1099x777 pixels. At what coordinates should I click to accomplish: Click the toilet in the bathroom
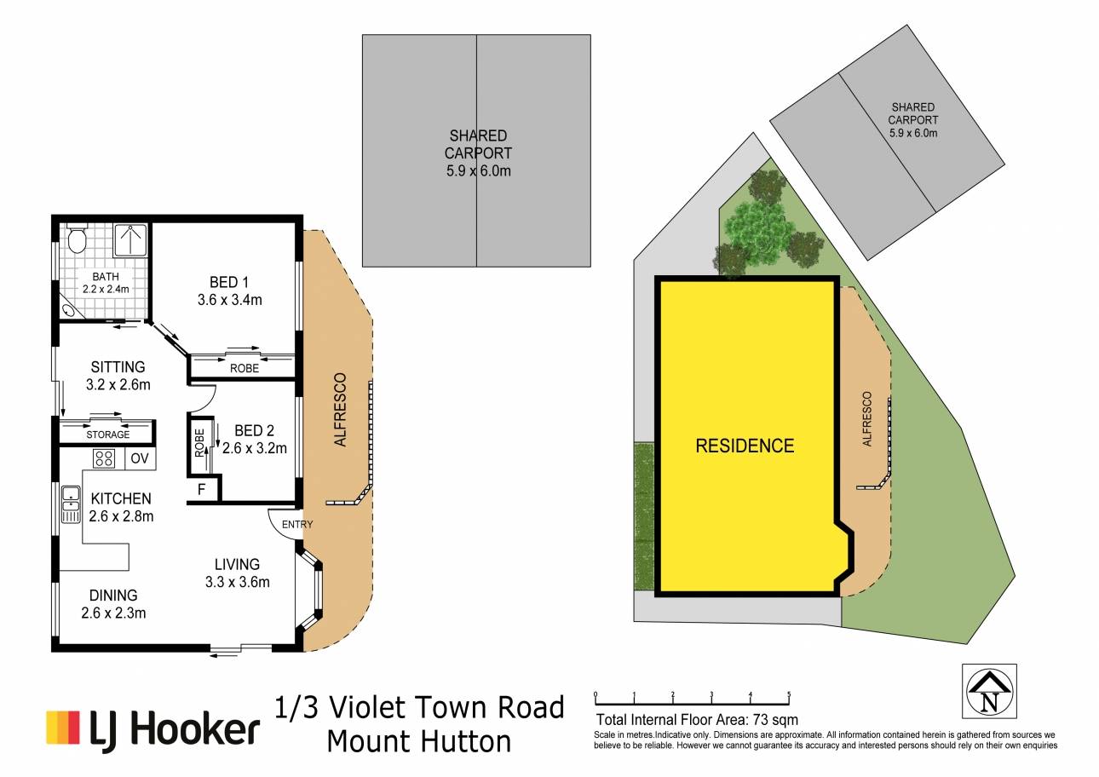(77, 239)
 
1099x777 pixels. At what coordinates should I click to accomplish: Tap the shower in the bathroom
(130, 240)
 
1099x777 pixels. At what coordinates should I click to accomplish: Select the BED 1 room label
(229, 282)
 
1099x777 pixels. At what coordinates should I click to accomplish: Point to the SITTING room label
(118, 367)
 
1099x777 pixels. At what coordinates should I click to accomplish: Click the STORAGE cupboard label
(108, 435)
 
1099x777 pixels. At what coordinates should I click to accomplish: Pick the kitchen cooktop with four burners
(104, 459)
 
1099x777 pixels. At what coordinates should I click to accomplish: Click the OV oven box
(141, 458)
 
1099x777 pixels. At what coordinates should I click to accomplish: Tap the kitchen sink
(72, 504)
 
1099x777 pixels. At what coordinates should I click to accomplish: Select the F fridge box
(202, 489)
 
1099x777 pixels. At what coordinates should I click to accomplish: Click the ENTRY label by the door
(297, 524)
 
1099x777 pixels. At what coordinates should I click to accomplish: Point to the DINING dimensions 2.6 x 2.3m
(113, 613)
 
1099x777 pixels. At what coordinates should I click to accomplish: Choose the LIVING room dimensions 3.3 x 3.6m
(238, 582)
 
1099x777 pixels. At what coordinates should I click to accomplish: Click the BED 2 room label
(254, 431)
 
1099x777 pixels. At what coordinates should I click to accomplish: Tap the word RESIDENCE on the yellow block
(745, 446)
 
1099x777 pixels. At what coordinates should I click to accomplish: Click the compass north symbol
(989, 692)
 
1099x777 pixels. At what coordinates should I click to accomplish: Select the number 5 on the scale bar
(789, 694)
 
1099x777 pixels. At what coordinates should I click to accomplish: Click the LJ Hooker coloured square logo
(63, 728)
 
